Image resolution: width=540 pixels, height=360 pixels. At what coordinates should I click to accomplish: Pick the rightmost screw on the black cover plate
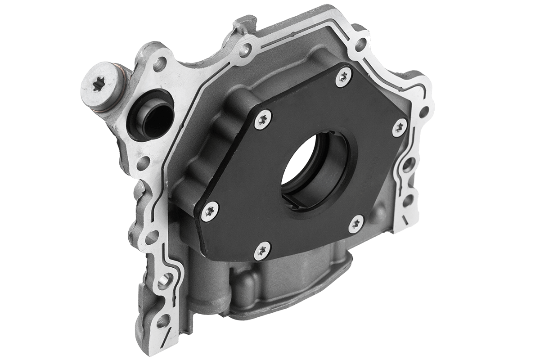[x=398, y=128]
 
